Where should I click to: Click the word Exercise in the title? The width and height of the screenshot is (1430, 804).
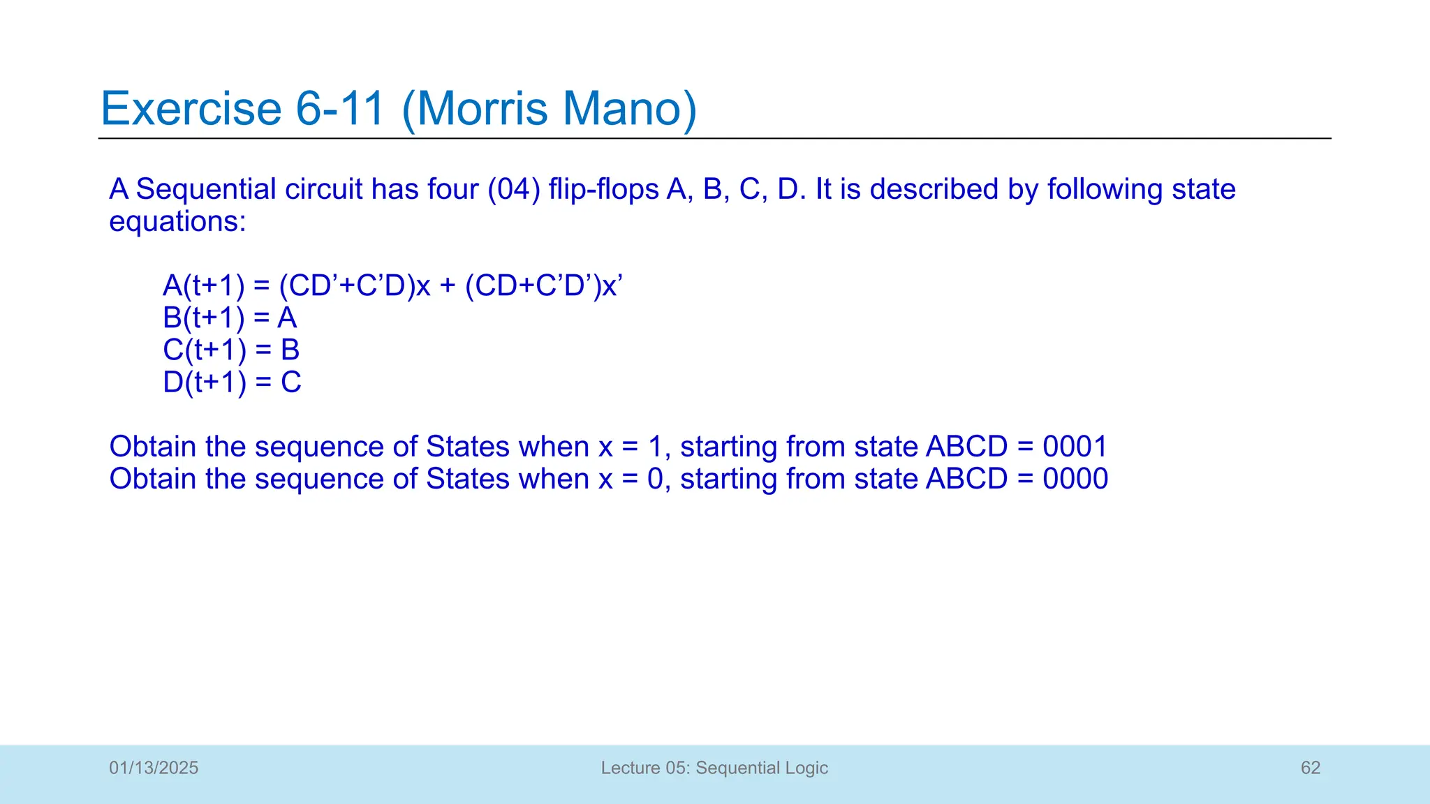[191, 109]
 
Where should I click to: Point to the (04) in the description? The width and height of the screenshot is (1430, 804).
[513, 189]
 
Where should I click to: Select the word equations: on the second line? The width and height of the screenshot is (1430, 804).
[177, 222]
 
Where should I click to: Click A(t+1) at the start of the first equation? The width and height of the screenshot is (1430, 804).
[204, 285]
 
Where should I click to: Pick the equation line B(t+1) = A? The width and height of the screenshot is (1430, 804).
[230, 318]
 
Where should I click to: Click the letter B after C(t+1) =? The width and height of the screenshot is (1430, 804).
[290, 350]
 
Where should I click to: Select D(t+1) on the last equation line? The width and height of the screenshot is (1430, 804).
[204, 382]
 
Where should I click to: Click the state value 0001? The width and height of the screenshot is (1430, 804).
[1075, 447]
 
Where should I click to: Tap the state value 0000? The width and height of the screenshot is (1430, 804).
[1075, 479]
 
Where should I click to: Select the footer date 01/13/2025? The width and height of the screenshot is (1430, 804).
[154, 768]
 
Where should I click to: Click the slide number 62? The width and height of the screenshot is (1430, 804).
[1310, 768]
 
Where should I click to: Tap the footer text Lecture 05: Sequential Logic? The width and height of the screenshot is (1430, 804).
[714, 768]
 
